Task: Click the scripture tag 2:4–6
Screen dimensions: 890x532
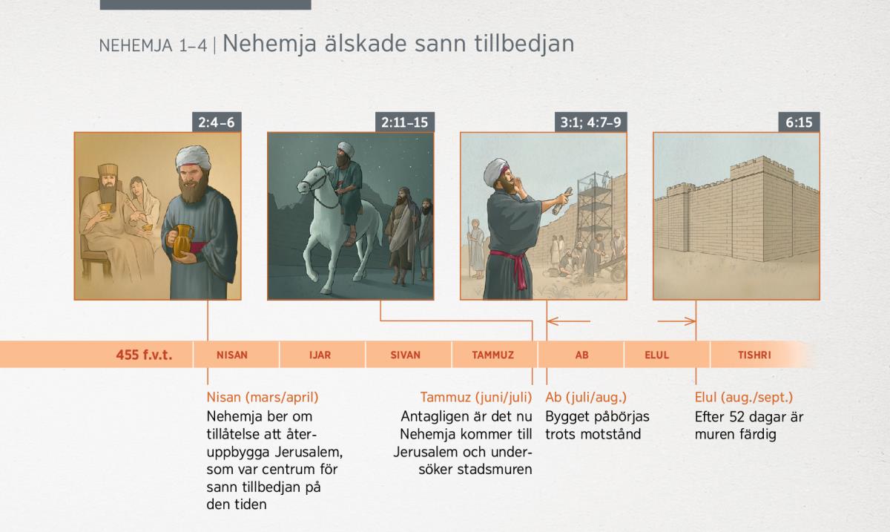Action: click(x=217, y=122)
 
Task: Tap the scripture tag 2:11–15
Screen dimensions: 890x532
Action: click(x=404, y=122)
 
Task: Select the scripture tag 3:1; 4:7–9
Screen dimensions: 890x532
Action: click(x=591, y=122)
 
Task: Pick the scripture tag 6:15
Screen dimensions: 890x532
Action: click(x=799, y=122)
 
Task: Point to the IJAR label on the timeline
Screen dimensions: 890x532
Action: click(x=320, y=355)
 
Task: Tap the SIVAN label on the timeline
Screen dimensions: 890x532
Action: click(x=405, y=355)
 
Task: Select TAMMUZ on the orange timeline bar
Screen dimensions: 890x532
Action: click(x=492, y=355)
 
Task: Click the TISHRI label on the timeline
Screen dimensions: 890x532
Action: click(x=754, y=355)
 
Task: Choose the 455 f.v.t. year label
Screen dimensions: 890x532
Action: click(x=144, y=355)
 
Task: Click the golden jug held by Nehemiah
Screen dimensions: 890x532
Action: click(x=182, y=240)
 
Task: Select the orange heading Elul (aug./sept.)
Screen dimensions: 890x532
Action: click(x=744, y=397)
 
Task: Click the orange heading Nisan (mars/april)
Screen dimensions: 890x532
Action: click(x=263, y=397)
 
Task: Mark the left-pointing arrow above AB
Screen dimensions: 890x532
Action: click(x=569, y=321)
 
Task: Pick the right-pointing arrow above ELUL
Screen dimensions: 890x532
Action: click(x=676, y=321)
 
